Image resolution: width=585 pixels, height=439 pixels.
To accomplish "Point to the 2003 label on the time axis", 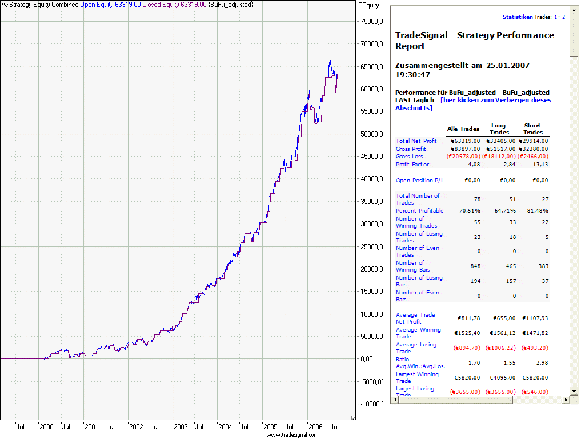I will click(181, 426).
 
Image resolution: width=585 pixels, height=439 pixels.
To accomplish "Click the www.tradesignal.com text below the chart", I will click(292, 435).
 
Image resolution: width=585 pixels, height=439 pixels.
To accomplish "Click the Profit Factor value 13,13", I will click(540, 165).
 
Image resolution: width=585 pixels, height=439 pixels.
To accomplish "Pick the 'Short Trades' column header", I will click(532, 129).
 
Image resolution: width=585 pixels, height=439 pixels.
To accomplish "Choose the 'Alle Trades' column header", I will click(463, 129).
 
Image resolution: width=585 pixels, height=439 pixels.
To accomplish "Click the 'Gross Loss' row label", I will click(410, 157).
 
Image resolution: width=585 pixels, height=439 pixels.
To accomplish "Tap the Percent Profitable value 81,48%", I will click(536, 211).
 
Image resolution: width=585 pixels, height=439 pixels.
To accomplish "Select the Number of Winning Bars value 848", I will click(475, 266).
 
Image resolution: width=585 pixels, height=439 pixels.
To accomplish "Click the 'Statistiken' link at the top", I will click(518, 17).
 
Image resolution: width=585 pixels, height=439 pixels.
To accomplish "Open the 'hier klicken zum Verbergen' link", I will click(495, 100).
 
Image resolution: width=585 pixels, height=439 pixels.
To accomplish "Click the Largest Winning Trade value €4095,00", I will click(500, 378).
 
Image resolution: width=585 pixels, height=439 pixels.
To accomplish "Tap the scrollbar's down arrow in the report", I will click(574, 392).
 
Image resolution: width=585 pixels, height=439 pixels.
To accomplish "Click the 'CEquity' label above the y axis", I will click(368, 5).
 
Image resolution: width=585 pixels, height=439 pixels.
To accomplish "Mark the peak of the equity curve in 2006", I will click(330, 61).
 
